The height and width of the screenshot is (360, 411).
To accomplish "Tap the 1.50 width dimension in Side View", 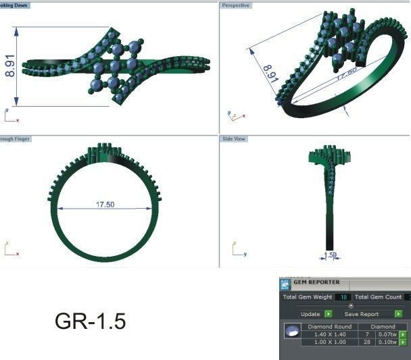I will tap(330, 255).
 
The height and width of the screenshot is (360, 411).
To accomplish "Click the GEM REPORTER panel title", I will tap(316, 282).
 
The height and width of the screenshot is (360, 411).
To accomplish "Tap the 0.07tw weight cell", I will tap(387, 334).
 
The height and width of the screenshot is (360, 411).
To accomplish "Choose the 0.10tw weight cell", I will tap(387, 342).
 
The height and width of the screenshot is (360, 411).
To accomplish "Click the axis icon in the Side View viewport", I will tap(236, 251).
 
